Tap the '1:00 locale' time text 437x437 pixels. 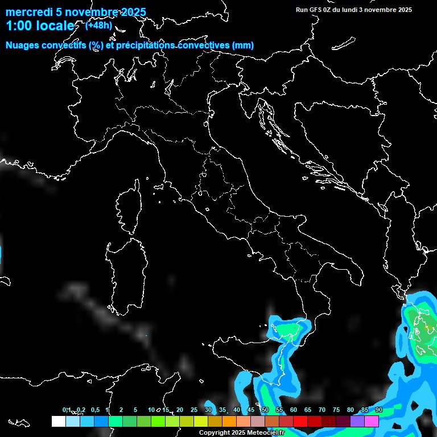[40, 26]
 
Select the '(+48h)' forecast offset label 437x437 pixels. [98, 25]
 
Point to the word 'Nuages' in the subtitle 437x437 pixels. [22, 46]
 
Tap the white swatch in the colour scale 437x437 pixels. [58, 421]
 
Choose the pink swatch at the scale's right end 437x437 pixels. [372, 421]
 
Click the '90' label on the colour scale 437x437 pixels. [379, 410]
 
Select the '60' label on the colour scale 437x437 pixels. [294, 410]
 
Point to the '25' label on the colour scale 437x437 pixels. [194, 410]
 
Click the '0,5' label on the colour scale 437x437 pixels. [94, 410]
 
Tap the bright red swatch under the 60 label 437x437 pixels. [300, 421]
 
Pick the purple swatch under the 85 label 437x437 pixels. [357, 421]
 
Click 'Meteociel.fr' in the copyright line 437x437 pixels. [265, 433]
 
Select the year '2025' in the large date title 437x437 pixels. [130, 13]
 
